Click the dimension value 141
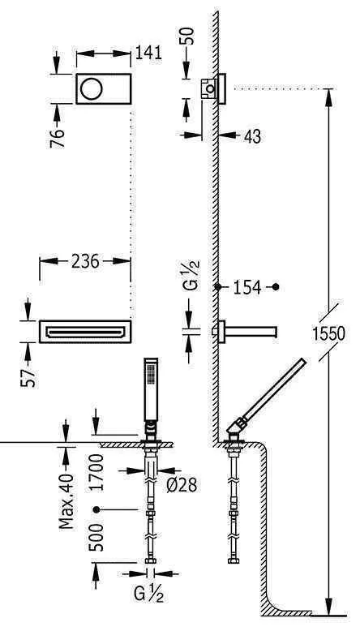[150, 54]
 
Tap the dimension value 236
[85, 261]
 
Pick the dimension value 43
[252, 137]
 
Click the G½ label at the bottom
[149, 597]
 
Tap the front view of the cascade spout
[85, 331]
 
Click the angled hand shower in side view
[272, 393]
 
